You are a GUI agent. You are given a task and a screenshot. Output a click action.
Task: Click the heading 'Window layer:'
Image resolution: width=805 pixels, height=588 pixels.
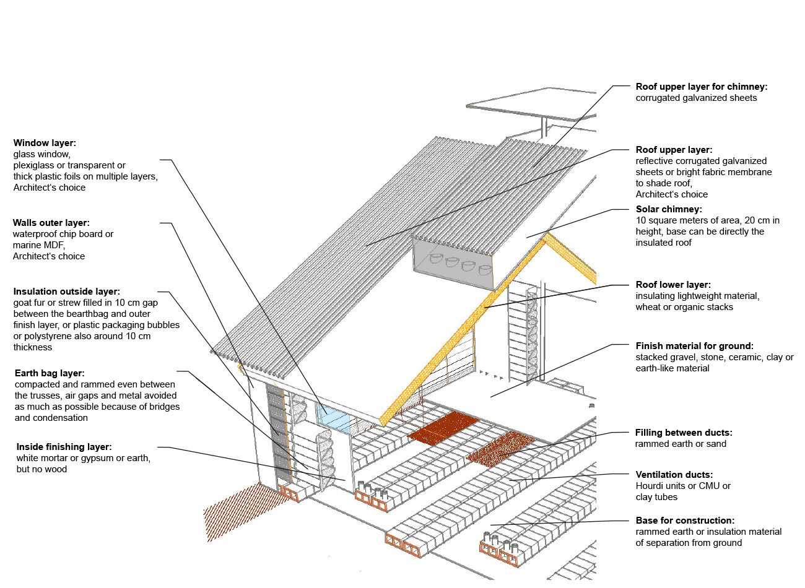(x=45, y=143)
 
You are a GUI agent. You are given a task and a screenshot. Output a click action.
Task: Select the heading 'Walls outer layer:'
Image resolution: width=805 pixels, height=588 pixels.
(x=51, y=223)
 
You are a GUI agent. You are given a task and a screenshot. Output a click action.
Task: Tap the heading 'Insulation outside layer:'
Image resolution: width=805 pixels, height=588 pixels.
(x=67, y=292)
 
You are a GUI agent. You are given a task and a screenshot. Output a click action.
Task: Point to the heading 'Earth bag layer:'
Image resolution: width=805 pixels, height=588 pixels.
(x=50, y=373)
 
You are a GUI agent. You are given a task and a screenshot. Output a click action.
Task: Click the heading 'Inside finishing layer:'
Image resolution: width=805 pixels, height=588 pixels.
(x=64, y=447)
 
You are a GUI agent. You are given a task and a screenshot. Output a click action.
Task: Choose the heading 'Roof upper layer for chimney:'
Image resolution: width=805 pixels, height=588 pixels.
(x=701, y=87)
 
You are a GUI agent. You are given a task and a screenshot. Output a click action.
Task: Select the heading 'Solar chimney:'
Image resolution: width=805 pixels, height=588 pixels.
(x=669, y=209)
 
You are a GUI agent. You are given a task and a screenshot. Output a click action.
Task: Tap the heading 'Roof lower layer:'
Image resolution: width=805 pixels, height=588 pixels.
(x=673, y=285)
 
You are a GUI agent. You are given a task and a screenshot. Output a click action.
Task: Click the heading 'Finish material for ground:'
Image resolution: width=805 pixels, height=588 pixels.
(x=694, y=346)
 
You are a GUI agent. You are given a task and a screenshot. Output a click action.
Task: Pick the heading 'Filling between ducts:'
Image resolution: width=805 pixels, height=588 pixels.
(x=684, y=433)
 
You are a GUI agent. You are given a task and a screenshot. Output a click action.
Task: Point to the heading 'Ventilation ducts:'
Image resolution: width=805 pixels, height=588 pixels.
(x=674, y=475)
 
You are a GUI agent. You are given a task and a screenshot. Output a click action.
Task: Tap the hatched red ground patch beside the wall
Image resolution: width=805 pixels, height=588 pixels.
(x=238, y=511)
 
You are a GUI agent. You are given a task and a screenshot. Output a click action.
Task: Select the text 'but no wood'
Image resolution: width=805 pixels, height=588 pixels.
(x=41, y=469)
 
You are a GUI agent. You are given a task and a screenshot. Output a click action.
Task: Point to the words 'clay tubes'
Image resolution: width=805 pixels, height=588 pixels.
(x=656, y=497)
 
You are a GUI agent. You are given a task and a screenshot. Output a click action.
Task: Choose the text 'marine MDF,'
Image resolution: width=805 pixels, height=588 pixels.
(x=38, y=245)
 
